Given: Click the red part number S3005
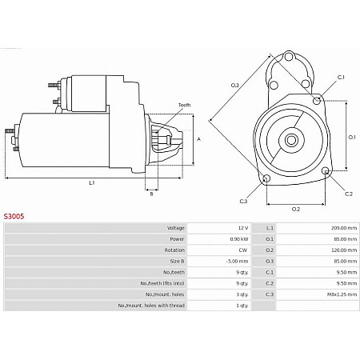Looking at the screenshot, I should click(x=15, y=216).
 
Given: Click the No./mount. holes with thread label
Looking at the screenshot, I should click(x=151, y=305).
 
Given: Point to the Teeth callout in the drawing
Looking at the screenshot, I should click(x=184, y=105).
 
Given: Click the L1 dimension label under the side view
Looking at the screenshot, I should click(x=92, y=183).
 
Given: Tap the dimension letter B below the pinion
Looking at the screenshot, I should click(x=150, y=193).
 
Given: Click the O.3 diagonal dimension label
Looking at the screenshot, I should click(x=235, y=85).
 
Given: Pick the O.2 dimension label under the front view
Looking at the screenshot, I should click(x=294, y=209).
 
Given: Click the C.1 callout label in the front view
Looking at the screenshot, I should click(x=340, y=76).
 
